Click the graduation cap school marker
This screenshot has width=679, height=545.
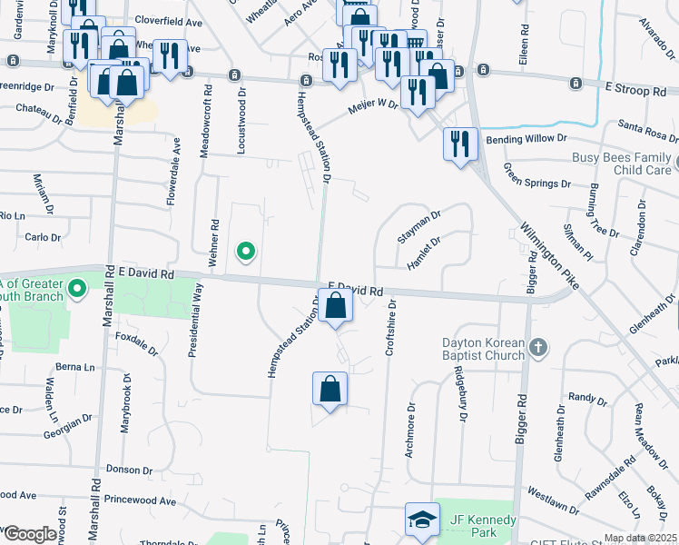pyautogui.click(x=421, y=520)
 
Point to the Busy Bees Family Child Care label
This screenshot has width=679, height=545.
pyautogui.click(x=622, y=163)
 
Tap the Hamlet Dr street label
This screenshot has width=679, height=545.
pyautogui.click(x=424, y=253)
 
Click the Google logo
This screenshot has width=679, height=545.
pyautogui.click(x=29, y=534)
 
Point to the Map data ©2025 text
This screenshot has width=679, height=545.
pyautogui.click(x=640, y=538)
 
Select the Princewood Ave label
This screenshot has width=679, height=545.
pyautogui.click(x=140, y=500)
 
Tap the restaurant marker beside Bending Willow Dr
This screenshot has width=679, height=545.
pyautogui.click(x=460, y=144)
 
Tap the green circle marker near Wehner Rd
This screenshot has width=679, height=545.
pyautogui.click(x=244, y=252)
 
